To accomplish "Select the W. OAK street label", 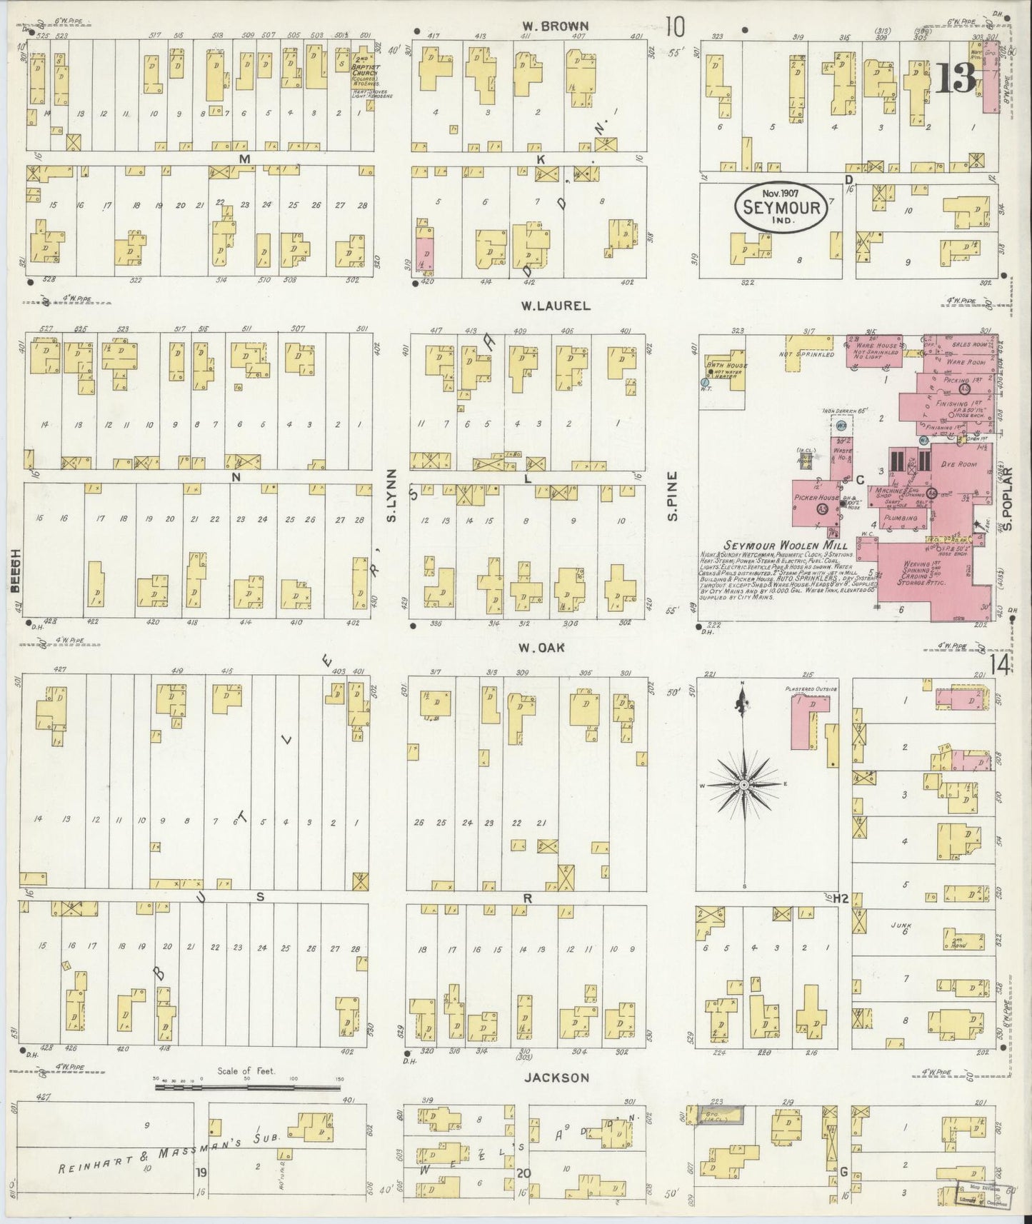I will click(542, 648).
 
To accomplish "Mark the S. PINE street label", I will click(673, 495).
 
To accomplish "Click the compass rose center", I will click(744, 785).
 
